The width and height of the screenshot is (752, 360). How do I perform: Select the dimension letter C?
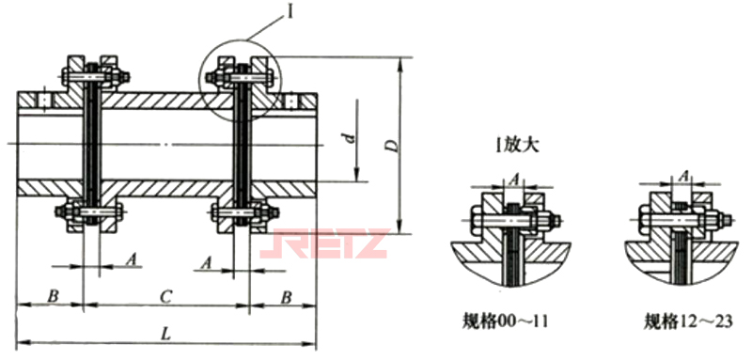click(x=164, y=297)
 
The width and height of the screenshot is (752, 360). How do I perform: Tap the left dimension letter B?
click(x=53, y=297)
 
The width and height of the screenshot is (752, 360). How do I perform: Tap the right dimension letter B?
click(x=287, y=297)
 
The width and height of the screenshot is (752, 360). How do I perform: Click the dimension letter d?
click(x=349, y=139)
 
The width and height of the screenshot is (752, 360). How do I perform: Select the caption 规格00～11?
click(x=511, y=321)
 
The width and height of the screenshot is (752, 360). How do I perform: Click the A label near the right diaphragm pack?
click(x=206, y=262)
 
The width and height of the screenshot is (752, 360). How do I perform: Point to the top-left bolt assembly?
click(x=92, y=71)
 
